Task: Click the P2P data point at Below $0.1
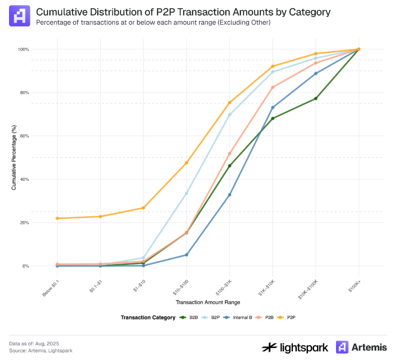tap(57, 218)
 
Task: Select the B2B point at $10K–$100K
tap(316, 99)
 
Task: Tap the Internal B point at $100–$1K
tap(229, 195)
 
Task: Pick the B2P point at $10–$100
tap(187, 193)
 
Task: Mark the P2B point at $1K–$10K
tap(273, 87)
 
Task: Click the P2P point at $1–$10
tap(143, 208)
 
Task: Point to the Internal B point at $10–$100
tap(187, 255)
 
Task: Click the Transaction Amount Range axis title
tap(208, 303)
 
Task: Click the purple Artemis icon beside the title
tap(19, 16)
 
